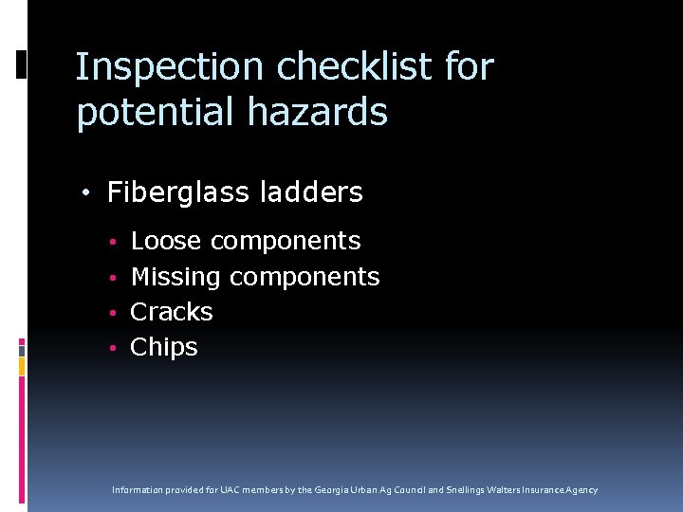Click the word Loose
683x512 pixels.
(166, 241)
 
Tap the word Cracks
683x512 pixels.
(172, 312)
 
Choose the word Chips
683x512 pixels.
(164, 347)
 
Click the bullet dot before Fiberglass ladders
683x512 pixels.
(86, 193)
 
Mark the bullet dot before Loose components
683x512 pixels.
(111, 242)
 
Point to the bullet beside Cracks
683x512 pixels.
(111, 313)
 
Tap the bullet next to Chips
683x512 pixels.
(111, 348)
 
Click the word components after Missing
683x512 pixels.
(305, 277)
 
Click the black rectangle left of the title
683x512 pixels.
(22, 64)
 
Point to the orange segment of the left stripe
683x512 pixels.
(22, 363)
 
